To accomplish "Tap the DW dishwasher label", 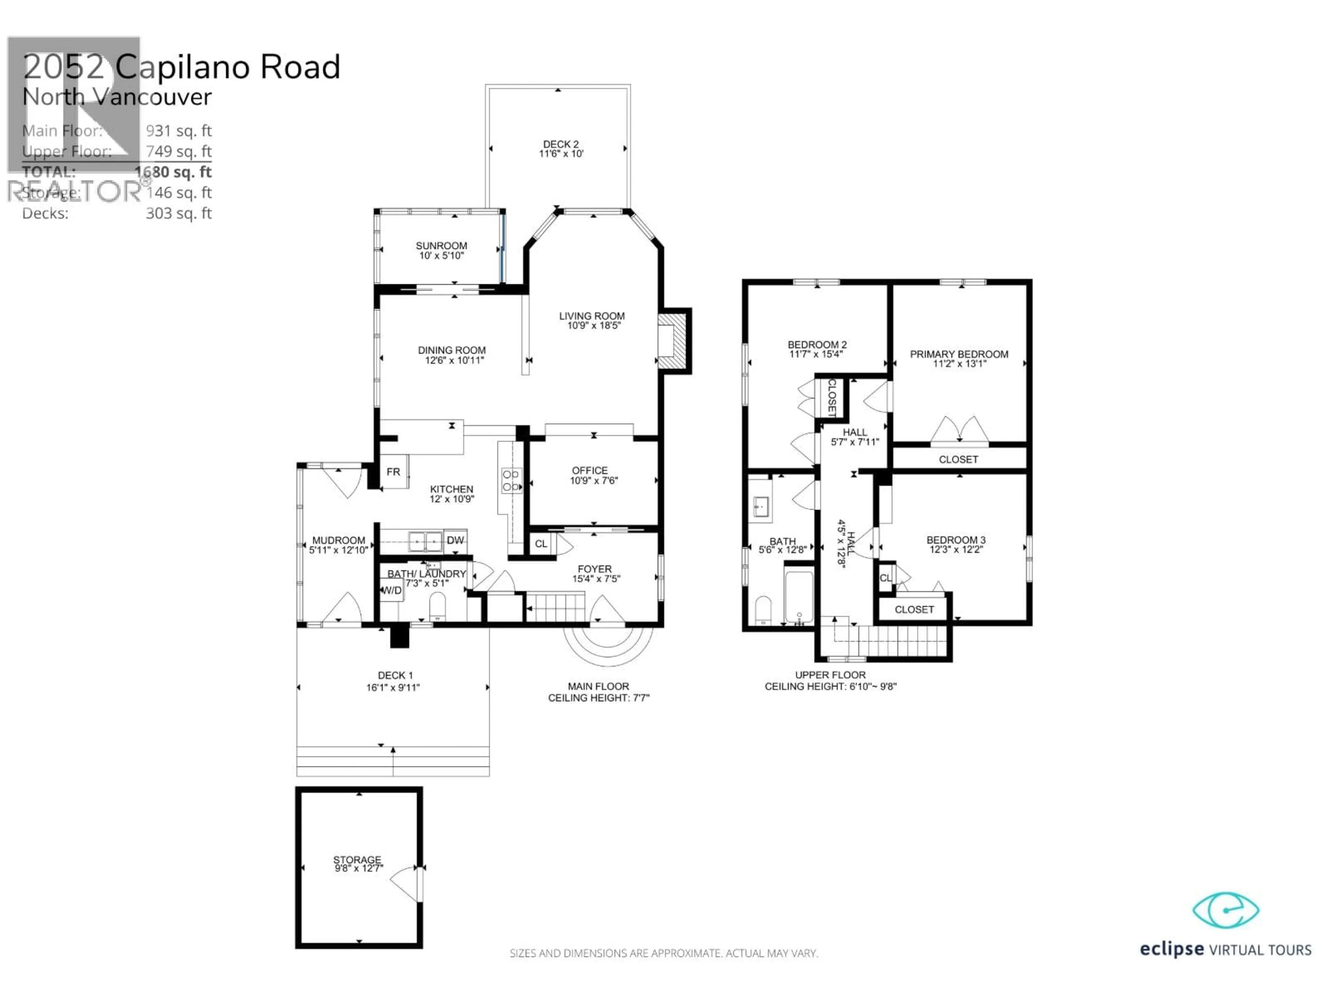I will (455, 540).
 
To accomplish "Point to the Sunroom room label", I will (441, 246).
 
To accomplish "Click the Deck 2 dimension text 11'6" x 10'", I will (561, 154).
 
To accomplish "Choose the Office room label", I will (590, 471).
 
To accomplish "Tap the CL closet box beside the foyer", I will (541, 544).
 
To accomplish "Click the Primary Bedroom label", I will (959, 354).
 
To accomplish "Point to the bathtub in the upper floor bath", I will (799, 597).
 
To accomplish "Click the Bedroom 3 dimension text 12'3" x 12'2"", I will (956, 549).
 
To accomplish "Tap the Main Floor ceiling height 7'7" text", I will (599, 698).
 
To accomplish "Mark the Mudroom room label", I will (339, 540).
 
